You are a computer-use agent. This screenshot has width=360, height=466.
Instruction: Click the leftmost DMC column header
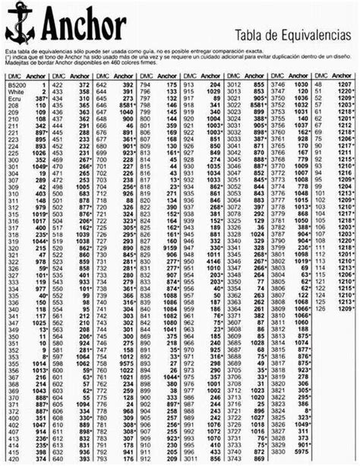point(14,77)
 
